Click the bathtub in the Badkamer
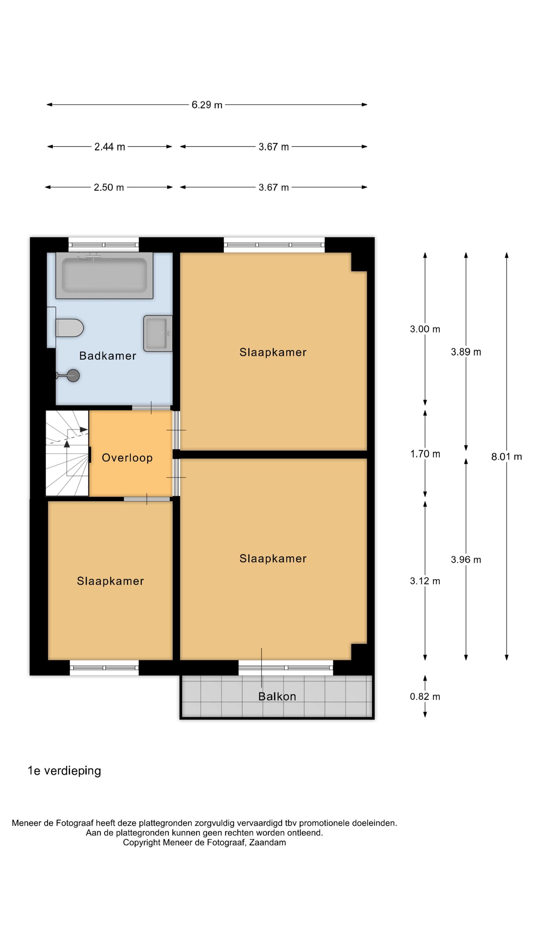(104, 275)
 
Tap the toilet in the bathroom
(69, 327)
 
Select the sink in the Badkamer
(158, 333)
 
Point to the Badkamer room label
(108, 356)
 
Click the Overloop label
(127, 458)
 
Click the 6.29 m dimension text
(207, 105)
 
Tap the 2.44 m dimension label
(109, 147)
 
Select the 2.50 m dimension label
(109, 187)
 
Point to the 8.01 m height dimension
(506, 457)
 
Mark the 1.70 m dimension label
(425, 454)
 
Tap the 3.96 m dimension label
(466, 560)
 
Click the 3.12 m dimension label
(425, 581)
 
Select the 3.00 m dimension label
(425, 329)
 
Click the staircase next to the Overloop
(67, 453)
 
